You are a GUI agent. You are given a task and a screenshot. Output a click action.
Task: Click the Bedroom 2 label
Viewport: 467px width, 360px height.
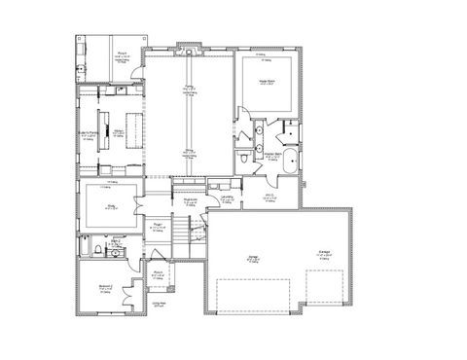coord(104,286)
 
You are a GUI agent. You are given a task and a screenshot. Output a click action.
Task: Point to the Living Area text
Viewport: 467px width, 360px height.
coord(159,303)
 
